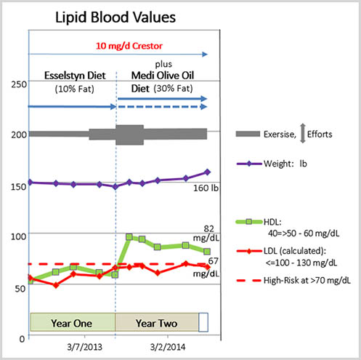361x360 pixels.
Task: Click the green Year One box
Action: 72,321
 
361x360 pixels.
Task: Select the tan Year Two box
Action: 156,321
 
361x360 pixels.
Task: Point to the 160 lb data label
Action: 206,191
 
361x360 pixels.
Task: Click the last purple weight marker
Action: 208,172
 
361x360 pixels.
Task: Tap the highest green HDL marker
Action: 129,237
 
